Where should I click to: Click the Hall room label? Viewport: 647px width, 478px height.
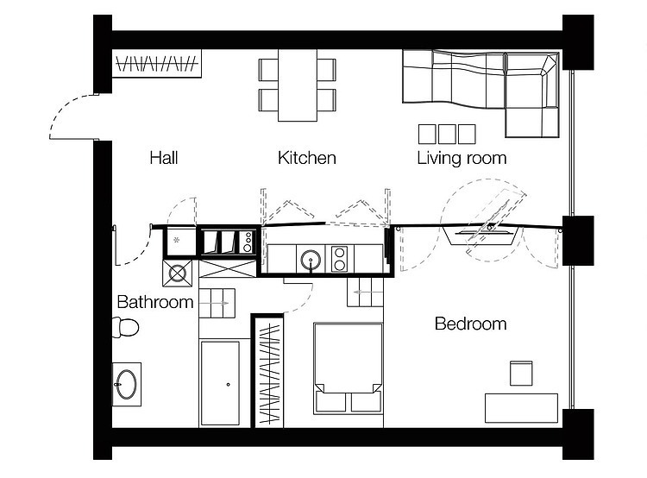pos(164,158)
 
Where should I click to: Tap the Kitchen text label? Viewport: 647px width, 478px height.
pos(307,158)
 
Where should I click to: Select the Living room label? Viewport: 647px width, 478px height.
pos(462,159)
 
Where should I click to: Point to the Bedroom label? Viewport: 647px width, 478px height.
pos(470,324)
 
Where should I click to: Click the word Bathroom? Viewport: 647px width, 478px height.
pos(155,302)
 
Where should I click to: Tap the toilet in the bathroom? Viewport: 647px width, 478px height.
pos(125,327)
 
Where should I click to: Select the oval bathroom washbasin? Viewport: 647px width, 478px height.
pos(126,384)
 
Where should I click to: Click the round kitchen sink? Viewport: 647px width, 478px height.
pos(311,260)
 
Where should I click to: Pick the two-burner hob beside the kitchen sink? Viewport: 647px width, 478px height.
pos(340,258)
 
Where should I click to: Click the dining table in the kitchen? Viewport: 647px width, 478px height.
pos(297,85)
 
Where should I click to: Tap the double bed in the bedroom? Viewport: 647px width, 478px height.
pos(348,368)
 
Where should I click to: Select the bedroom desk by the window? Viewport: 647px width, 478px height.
pos(521,408)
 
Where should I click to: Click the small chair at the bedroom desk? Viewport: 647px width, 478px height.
pos(521,373)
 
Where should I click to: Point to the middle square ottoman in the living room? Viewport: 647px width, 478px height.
pos(447,134)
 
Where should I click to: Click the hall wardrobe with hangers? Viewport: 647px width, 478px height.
pos(157,64)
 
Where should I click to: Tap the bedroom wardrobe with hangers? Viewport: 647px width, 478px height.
pos(268,373)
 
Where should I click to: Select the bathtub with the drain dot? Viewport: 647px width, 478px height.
pos(220,383)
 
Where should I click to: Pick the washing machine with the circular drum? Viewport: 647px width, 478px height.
pos(178,273)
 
